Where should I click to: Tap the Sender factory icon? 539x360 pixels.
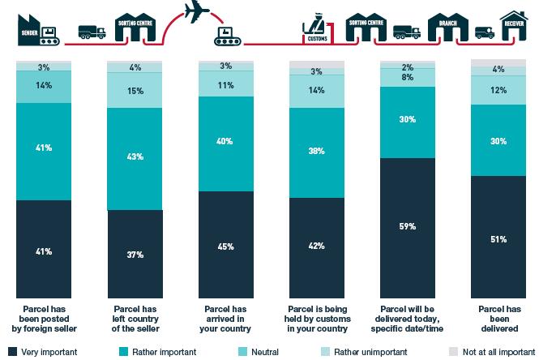click(x=30, y=28)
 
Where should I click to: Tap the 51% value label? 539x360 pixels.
click(x=498, y=239)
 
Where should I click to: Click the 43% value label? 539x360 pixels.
click(x=135, y=156)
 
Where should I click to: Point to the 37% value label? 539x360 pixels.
click(x=135, y=255)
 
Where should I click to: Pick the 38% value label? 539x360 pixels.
click(x=317, y=150)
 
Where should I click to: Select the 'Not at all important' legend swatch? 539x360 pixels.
click(x=454, y=352)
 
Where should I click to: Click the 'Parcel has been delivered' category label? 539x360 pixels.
click(x=498, y=319)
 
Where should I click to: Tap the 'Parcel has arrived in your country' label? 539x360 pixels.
click(x=226, y=319)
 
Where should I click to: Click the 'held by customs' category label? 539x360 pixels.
click(x=317, y=319)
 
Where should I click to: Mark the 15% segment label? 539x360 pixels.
click(x=135, y=91)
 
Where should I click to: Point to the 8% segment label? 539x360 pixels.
click(x=408, y=79)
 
